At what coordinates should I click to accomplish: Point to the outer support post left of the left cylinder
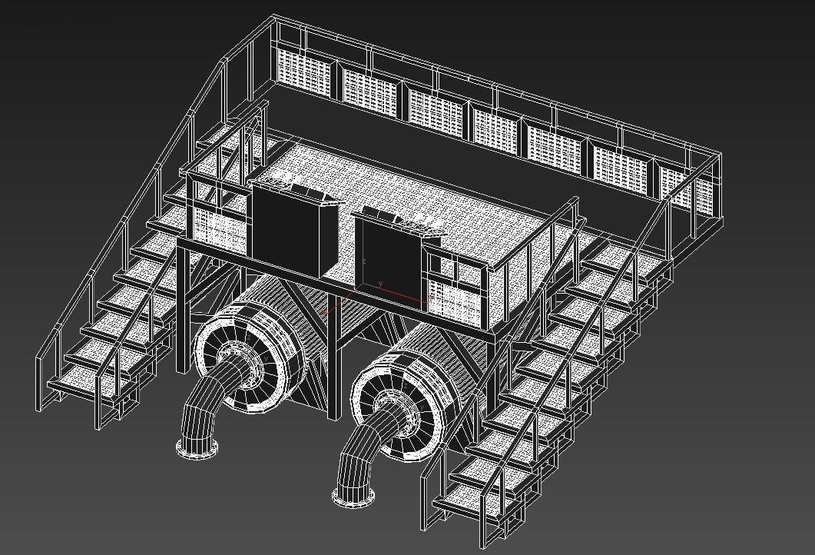(x=183, y=307)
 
